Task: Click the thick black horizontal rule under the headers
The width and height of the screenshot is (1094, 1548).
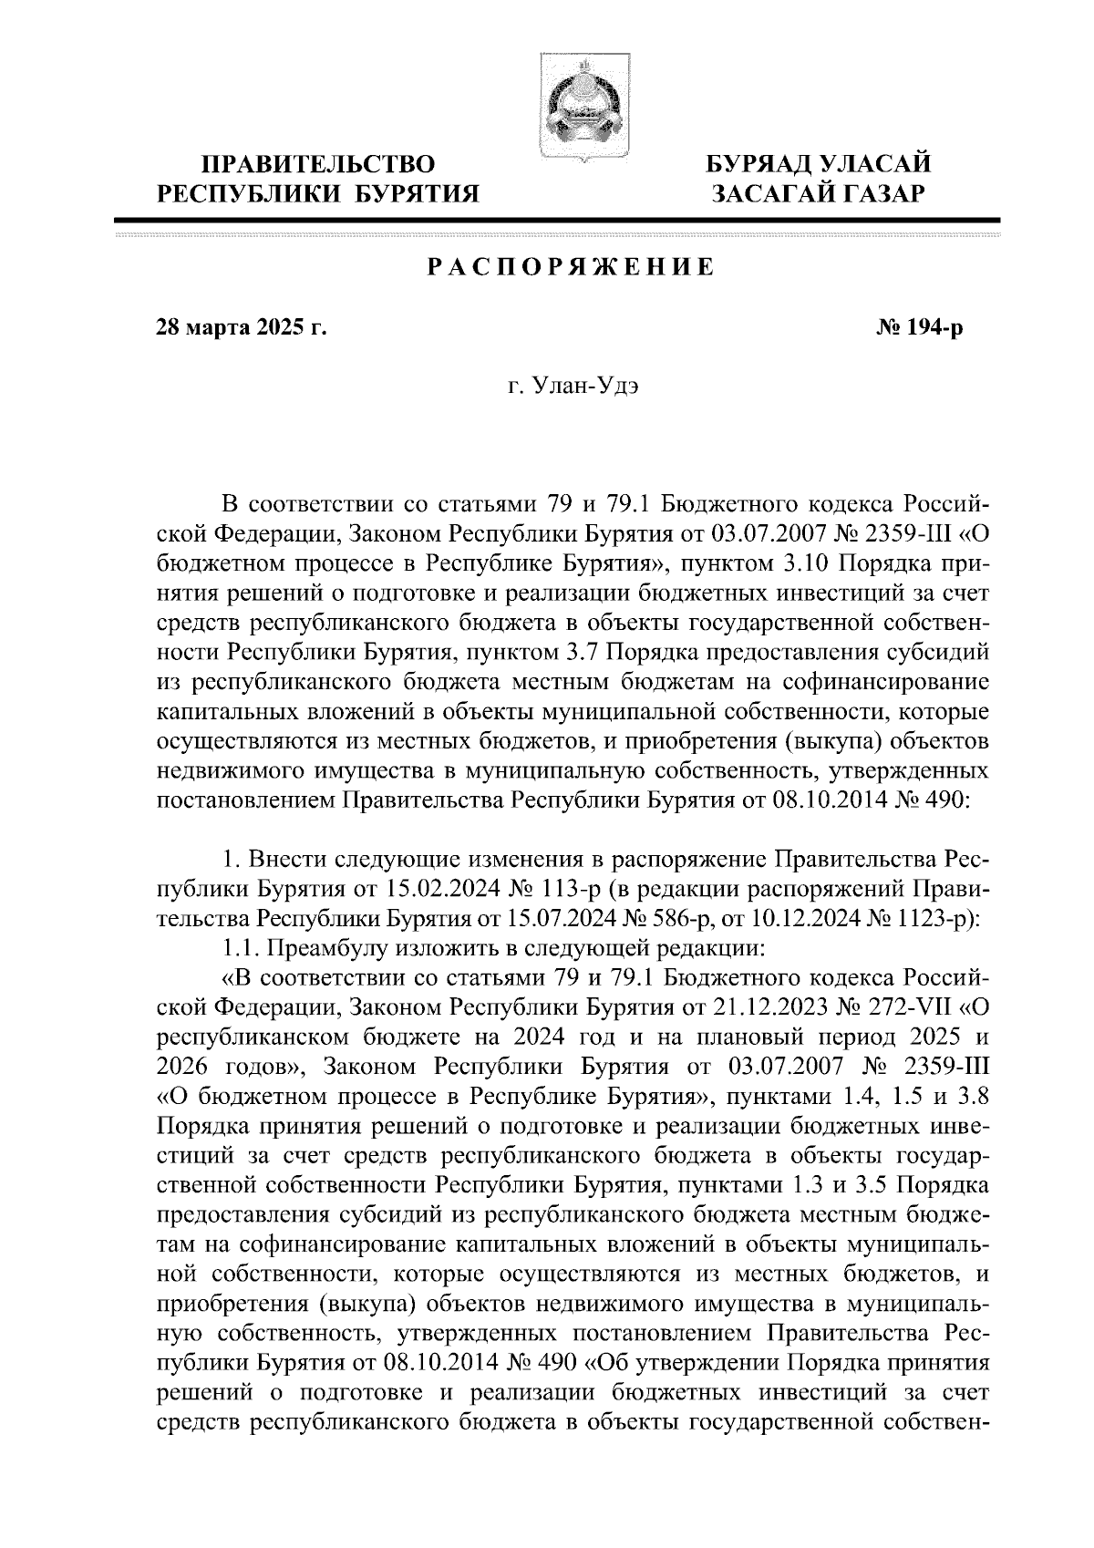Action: click(558, 220)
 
